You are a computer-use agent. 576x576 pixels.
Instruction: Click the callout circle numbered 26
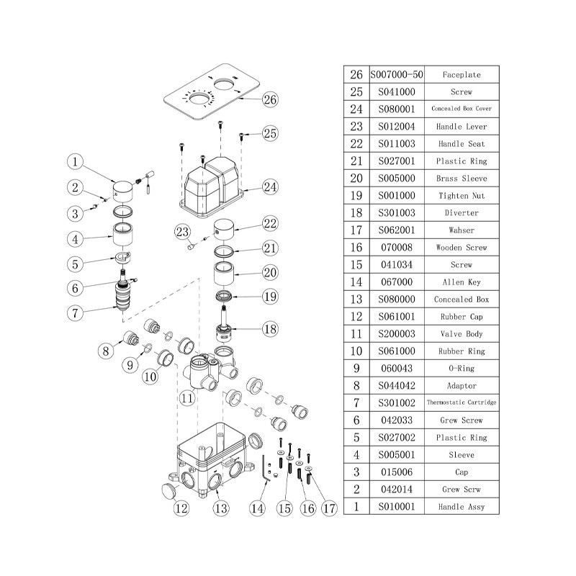(270, 99)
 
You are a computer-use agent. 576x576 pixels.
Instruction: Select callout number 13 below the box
(221, 508)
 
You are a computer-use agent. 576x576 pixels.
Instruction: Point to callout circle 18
(270, 330)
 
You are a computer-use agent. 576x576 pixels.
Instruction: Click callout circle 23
(182, 231)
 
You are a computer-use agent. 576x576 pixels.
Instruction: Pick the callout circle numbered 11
(188, 397)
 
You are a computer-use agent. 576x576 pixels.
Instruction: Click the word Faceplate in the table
(462, 75)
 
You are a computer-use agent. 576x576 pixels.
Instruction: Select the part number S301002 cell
(397, 403)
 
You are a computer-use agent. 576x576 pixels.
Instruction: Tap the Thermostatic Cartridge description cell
(462, 403)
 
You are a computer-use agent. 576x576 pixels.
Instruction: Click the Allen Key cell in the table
(462, 282)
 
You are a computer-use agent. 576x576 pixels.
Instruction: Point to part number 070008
(397, 248)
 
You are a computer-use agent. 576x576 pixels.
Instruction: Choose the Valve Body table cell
(462, 334)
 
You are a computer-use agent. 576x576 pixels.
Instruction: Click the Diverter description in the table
(462, 213)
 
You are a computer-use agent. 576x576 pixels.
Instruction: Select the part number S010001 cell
(397, 507)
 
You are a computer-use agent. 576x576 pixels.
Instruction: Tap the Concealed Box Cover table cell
(462, 109)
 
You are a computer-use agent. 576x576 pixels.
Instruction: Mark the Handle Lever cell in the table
(462, 127)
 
